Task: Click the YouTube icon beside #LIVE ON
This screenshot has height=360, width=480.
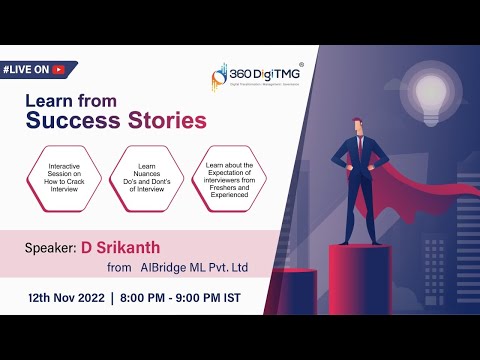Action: [x=62, y=70]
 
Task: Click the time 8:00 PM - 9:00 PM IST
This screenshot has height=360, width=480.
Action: [x=196, y=298]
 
